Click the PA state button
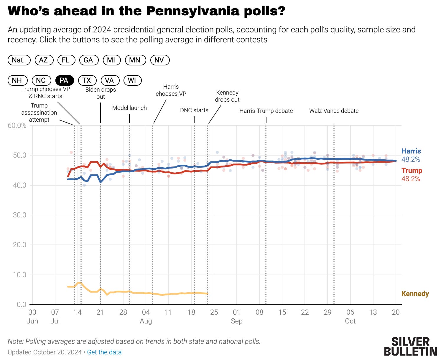64,80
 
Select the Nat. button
19,60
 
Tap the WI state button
132,80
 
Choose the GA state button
88,60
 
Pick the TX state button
87,80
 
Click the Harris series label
411,151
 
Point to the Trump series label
412,171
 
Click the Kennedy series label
415,294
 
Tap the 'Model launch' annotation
129,108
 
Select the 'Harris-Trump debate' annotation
266,111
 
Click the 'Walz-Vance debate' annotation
334,111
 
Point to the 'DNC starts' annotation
194,110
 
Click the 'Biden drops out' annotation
101,93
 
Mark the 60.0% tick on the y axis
17,125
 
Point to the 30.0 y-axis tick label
19,215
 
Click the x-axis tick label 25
214,312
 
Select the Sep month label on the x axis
236,321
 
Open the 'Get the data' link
104,352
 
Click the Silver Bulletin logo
410,346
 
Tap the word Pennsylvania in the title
192,11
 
